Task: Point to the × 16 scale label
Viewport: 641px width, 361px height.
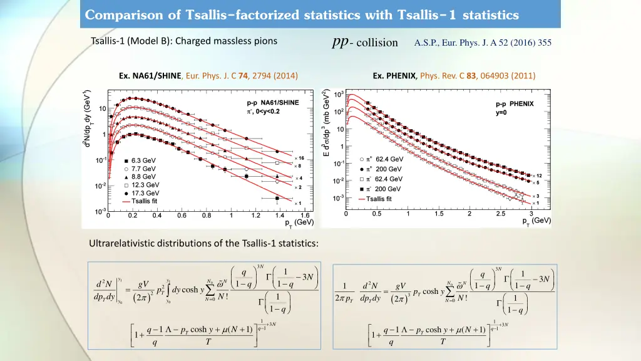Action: pos(299,158)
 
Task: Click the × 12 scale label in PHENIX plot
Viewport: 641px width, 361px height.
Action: pos(536,175)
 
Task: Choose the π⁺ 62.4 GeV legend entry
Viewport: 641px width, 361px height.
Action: pos(388,159)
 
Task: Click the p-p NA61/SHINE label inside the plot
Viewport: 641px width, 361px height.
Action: pos(272,102)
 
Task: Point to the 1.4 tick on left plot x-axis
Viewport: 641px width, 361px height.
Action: pos(279,216)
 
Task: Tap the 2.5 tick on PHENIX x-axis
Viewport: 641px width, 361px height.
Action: pos(500,214)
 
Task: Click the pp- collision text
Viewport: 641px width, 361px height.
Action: pos(365,42)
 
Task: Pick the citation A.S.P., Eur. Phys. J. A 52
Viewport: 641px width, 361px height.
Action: pos(483,43)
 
